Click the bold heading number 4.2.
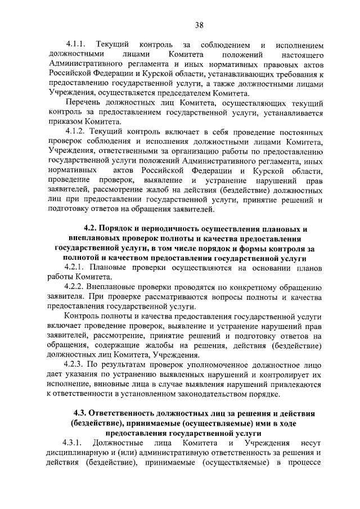tap(91, 229)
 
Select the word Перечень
tap(84, 103)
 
